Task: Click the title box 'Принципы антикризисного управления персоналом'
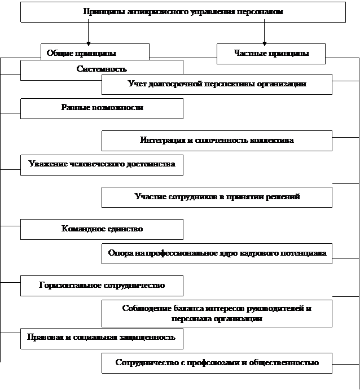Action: click(x=183, y=12)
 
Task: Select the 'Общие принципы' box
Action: click(x=95, y=52)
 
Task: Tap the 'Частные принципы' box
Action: click(x=271, y=54)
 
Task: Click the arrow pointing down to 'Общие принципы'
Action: click(x=88, y=32)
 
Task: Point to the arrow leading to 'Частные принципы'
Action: click(x=264, y=32)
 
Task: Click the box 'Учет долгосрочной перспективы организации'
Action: click(x=217, y=84)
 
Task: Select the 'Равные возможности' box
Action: click(x=102, y=108)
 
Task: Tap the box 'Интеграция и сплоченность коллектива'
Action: click(x=217, y=141)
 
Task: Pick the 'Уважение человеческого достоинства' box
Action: click(x=102, y=165)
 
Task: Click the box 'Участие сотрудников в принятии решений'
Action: click(x=217, y=197)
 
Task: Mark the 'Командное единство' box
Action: click(x=102, y=229)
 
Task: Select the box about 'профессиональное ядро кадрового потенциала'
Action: click(x=217, y=253)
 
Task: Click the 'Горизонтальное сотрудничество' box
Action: click(x=102, y=286)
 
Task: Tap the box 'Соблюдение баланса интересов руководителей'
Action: click(x=217, y=313)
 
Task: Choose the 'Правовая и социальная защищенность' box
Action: click(x=102, y=339)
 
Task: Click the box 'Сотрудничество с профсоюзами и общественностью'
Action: click(x=217, y=363)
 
